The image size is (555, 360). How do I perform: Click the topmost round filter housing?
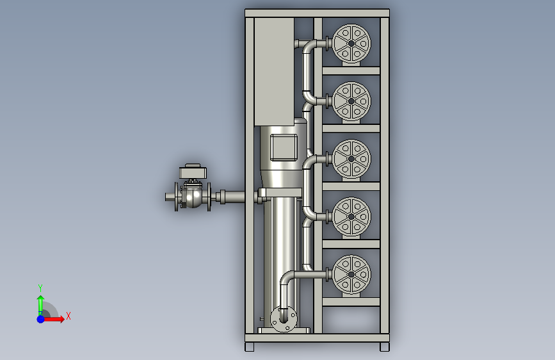point(351,44)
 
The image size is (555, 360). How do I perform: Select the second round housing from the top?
point(351,101)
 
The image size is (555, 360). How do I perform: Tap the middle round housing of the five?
point(351,159)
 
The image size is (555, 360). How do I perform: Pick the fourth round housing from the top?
point(351,217)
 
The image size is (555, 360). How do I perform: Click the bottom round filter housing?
point(351,274)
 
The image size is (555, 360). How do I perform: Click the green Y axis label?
point(40,288)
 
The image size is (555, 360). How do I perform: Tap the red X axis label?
point(68,316)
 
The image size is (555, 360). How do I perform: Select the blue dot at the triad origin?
point(41,319)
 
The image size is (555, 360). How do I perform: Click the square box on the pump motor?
point(284,147)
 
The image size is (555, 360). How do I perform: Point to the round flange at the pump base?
point(284,319)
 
